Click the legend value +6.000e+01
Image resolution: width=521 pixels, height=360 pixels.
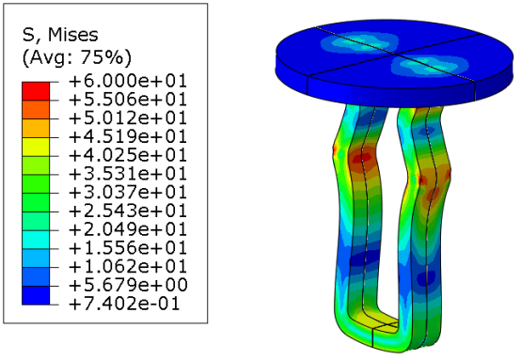click(128, 81)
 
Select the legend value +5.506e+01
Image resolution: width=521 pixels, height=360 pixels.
click(128, 100)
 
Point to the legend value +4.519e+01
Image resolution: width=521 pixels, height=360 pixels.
click(128, 137)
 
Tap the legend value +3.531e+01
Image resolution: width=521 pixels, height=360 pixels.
click(128, 174)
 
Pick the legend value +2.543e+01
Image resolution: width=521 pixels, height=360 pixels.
click(128, 211)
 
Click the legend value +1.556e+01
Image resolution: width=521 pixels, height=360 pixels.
click(128, 248)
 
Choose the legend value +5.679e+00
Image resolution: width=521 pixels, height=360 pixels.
click(128, 286)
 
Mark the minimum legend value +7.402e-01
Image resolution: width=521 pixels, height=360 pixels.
click(124, 304)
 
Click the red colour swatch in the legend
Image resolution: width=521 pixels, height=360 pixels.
click(36, 91)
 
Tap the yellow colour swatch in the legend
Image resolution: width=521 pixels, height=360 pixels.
click(36, 147)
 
